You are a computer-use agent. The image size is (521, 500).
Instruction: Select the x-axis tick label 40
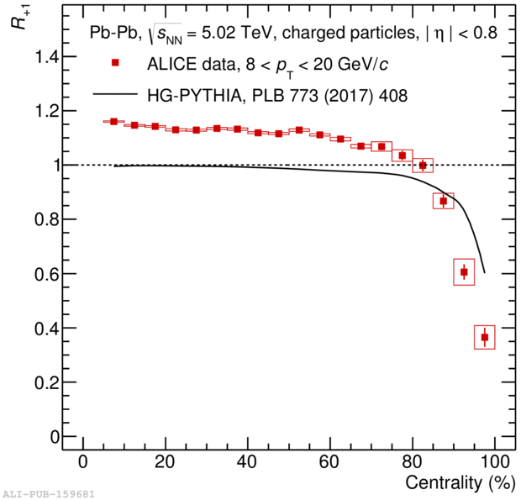[x=247, y=462]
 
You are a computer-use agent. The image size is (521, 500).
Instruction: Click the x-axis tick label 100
[x=493, y=462]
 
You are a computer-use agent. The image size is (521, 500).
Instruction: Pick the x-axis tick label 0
[x=83, y=462]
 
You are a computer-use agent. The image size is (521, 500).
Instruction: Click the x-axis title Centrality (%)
[x=454, y=484]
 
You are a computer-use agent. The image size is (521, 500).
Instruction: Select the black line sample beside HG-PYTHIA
[x=116, y=95]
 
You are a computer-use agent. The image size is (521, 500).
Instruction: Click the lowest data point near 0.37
[x=485, y=337]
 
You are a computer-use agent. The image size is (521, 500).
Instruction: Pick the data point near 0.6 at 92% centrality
[x=464, y=272]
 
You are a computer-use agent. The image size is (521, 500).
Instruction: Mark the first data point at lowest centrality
[x=113, y=122]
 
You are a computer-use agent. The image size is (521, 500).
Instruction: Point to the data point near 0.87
[x=444, y=201]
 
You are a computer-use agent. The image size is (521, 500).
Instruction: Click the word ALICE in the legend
[x=169, y=65]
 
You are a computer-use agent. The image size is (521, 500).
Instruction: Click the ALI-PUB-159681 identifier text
[x=47, y=493]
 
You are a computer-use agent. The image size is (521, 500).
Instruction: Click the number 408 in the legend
[x=392, y=96]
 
